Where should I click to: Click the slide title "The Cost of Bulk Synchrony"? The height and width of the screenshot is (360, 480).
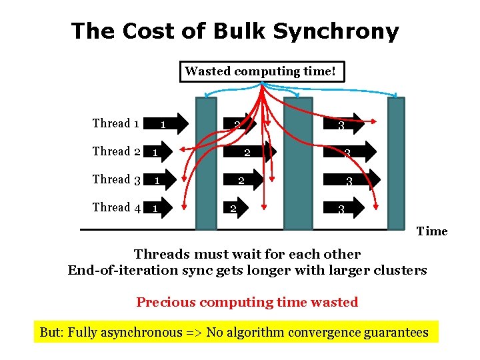(235, 31)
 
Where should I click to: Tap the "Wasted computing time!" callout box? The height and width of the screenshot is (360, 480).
(262, 71)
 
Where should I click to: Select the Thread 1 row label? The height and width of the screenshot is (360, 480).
(115, 123)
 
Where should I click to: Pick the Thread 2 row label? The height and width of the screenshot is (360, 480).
(115, 151)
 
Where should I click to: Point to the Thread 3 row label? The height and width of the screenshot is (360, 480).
(115, 179)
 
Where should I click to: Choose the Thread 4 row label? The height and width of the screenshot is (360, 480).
(115, 207)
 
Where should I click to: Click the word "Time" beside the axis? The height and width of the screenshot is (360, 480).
(432, 231)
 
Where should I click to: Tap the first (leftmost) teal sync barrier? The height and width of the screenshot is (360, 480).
(205, 163)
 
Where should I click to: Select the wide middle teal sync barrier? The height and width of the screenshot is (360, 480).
(297, 163)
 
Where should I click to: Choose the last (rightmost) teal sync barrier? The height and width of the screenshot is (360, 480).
(396, 163)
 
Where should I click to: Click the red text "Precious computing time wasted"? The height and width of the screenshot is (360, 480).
(247, 302)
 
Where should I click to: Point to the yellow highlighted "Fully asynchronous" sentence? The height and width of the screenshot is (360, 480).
(234, 332)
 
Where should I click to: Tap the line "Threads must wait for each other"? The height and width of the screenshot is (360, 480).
(247, 254)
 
